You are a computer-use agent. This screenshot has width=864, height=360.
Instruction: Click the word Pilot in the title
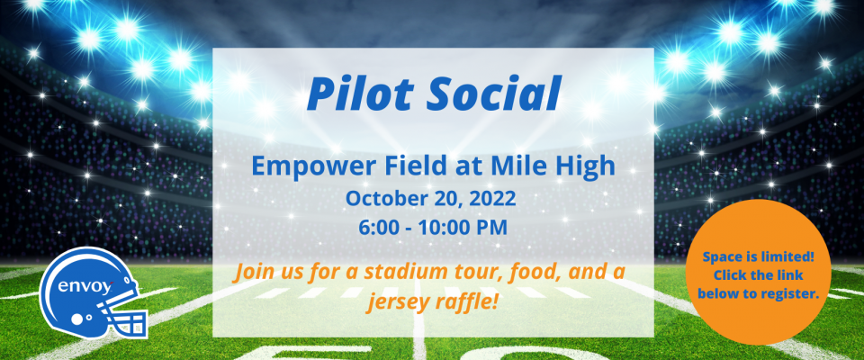[x=358, y=93]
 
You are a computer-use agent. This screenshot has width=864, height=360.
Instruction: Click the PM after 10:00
[x=492, y=227]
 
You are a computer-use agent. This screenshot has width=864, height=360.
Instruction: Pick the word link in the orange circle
[x=791, y=274]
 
